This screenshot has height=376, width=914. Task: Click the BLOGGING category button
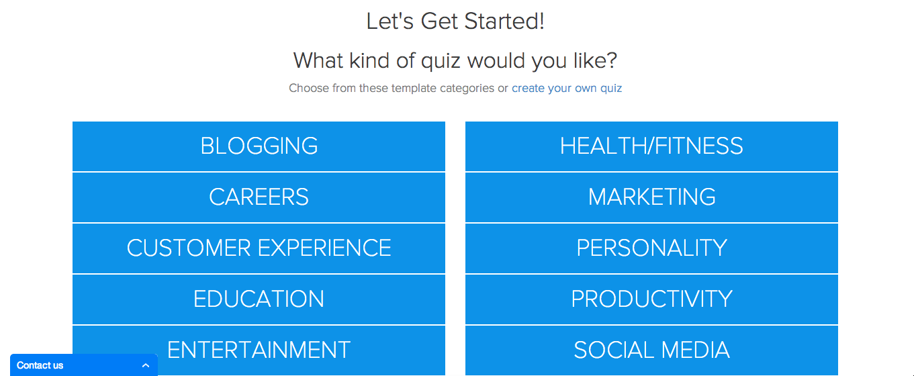[259, 146]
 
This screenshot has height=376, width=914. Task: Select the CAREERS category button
[259, 197]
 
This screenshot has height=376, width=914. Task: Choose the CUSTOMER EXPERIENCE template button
[259, 248]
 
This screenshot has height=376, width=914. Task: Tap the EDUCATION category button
[259, 299]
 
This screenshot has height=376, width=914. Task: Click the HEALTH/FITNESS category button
[651, 146]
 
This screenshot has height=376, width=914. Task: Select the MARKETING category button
[651, 197]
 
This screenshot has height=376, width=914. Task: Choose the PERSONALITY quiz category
[651, 248]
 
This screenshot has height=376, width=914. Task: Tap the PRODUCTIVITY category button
[651, 299]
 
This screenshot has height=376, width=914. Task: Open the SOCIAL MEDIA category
[651, 350]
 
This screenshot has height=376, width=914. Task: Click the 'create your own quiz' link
[567, 89]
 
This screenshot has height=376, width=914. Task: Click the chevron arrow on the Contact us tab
[146, 365]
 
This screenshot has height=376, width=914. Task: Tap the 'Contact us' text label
[40, 365]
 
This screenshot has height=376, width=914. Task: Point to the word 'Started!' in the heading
[504, 21]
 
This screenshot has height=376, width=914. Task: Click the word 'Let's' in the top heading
[390, 21]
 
